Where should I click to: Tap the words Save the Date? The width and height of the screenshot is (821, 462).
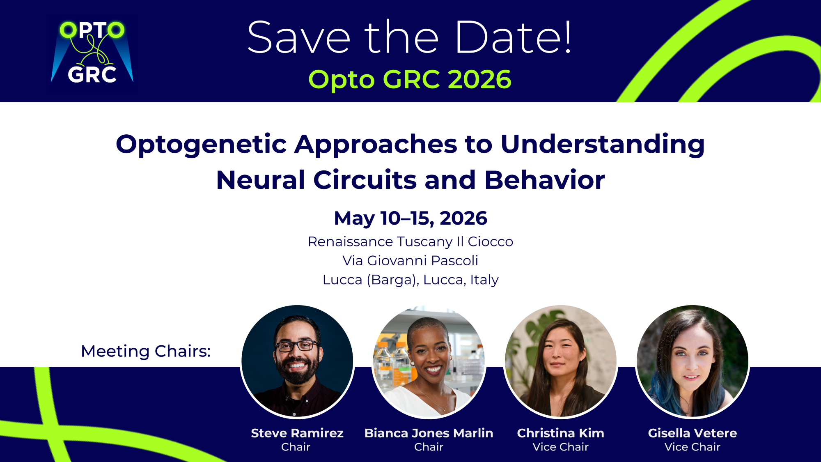(409, 37)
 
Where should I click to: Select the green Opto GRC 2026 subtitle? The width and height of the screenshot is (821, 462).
(410, 79)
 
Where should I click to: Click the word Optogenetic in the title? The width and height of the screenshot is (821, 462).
(201, 145)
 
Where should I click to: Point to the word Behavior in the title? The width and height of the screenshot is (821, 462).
(545, 180)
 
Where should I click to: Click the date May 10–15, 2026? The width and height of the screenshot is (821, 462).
(410, 218)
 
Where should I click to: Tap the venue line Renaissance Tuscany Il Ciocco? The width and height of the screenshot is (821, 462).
(410, 241)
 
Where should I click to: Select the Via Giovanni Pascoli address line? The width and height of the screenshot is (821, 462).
(410, 260)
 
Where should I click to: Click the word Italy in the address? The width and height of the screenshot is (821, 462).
(484, 280)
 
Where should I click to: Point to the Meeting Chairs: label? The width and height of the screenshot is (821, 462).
(146, 351)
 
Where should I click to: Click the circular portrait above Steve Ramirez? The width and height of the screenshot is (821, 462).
(297, 361)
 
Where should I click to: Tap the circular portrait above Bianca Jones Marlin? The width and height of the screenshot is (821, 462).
(429, 361)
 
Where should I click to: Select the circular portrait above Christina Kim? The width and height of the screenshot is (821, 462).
(561, 361)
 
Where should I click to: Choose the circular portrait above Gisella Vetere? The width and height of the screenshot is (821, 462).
(693, 361)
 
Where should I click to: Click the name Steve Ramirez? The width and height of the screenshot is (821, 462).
(297, 433)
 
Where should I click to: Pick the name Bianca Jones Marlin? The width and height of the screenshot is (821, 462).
(429, 433)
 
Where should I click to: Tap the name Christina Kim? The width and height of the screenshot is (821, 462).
(561, 433)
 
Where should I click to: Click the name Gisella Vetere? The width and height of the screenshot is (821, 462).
(693, 433)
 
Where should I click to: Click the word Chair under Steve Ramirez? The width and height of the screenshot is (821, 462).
(296, 447)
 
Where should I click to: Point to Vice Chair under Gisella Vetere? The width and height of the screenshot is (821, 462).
(693, 447)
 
